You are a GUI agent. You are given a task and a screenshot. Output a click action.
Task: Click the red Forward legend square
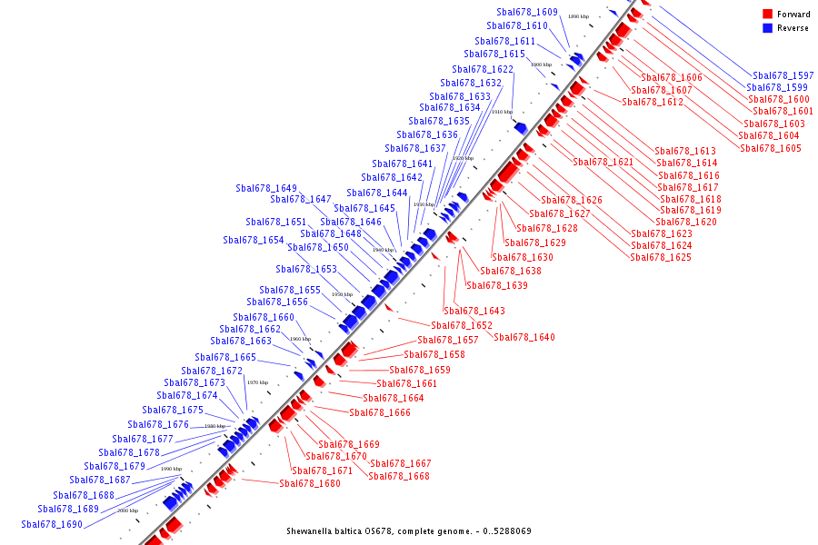[x=767, y=14]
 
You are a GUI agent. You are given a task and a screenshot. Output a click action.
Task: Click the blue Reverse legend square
[x=767, y=28]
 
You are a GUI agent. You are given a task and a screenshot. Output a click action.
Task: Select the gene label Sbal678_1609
[x=527, y=12]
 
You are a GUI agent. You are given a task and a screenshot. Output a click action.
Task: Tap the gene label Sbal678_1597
[x=783, y=75]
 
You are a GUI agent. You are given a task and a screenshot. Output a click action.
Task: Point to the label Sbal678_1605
[x=771, y=148]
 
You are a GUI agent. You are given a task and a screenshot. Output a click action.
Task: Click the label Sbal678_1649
[x=266, y=188]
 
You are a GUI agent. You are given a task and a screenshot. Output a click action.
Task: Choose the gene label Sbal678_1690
[x=53, y=524]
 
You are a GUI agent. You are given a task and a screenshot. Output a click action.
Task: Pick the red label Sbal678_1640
[x=524, y=337]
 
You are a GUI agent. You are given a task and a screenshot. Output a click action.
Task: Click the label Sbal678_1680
[x=310, y=483]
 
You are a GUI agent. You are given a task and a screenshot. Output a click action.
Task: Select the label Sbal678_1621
[x=603, y=162]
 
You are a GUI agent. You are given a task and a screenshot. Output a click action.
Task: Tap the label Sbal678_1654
[x=254, y=240]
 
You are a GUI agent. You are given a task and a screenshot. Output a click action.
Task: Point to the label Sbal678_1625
[x=661, y=257]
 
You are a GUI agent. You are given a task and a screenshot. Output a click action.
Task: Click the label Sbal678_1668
[x=399, y=476]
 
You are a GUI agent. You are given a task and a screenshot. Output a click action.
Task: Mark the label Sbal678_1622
[x=483, y=69]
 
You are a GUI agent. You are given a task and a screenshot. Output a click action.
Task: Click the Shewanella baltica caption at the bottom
[x=408, y=530]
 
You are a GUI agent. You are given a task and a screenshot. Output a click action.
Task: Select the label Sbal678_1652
[x=462, y=325]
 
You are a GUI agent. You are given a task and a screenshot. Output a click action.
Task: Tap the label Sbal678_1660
[x=264, y=317]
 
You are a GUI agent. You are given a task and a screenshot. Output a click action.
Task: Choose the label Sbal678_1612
[x=653, y=102]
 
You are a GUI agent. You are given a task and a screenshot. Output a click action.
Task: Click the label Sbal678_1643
[x=474, y=311]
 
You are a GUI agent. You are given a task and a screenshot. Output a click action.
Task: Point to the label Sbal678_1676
[x=158, y=424]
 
